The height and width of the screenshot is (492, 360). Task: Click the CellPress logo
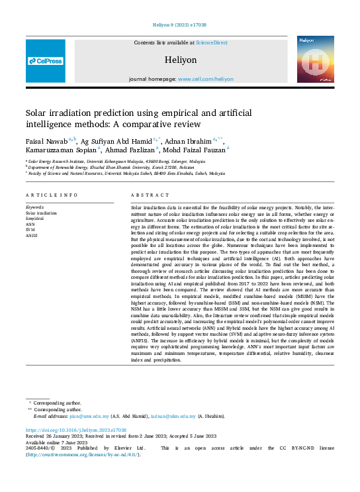coord(46,61)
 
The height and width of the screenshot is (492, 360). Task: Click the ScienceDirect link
coord(211,42)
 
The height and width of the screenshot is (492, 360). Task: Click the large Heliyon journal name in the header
coord(180,60)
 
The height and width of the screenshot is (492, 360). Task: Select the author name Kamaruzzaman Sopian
coord(59,150)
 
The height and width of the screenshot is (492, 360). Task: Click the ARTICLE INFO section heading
coord(52,195)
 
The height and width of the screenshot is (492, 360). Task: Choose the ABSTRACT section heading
coord(146,195)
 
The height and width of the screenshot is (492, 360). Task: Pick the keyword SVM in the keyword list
coord(30,228)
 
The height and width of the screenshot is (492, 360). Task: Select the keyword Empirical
coord(34,218)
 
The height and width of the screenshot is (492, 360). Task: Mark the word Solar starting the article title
coord(38,114)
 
